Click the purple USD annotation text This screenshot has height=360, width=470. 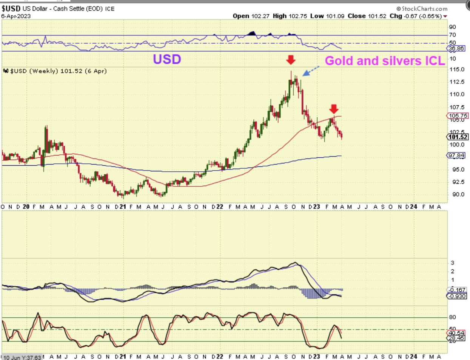coord(167,59)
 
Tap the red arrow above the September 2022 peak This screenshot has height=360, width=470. coord(290,60)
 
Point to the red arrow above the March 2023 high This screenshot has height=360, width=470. coord(334,109)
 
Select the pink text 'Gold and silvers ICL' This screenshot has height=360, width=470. coord(385,61)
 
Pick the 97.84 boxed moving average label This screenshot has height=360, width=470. coord(456,155)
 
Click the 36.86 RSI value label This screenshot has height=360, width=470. coord(456,49)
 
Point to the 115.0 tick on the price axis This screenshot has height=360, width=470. coord(457,69)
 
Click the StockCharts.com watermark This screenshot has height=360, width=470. coord(422,9)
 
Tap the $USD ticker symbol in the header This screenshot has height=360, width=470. coord(11,8)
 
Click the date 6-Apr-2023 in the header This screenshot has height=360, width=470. coord(16,16)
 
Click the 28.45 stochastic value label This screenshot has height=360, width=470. coord(456,338)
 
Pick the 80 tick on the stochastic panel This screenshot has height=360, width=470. coord(452,317)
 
